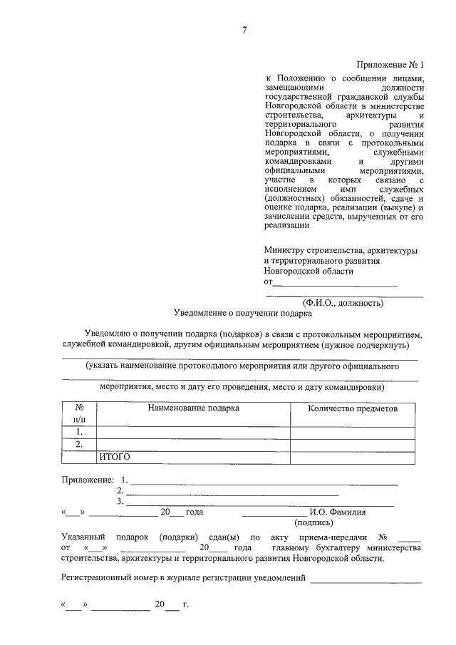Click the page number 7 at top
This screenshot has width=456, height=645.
click(x=244, y=29)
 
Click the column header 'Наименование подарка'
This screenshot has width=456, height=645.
click(x=194, y=408)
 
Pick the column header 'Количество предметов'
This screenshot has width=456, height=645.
click(x=352, y=408)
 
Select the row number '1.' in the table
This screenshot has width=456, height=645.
click(x=80, y=432)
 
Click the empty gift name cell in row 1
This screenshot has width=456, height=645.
click(x=194, y=432)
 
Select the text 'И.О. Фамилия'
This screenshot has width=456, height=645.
click(x=338, y=512)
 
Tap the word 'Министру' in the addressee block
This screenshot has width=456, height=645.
click(x=283, y=251)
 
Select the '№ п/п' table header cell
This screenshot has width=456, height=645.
click(x=80, y=414)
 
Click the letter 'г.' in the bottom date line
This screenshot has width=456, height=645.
click(x=185, y=606)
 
